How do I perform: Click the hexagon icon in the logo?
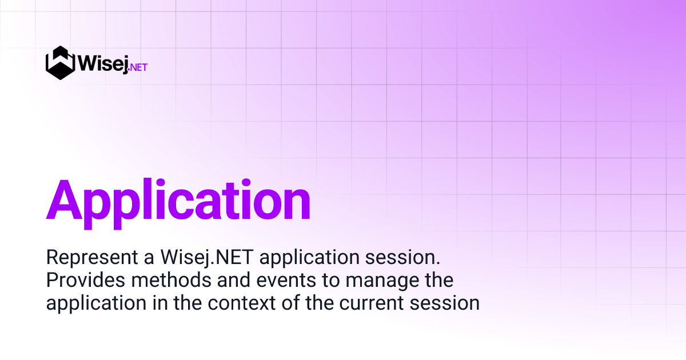click(61, 63)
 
